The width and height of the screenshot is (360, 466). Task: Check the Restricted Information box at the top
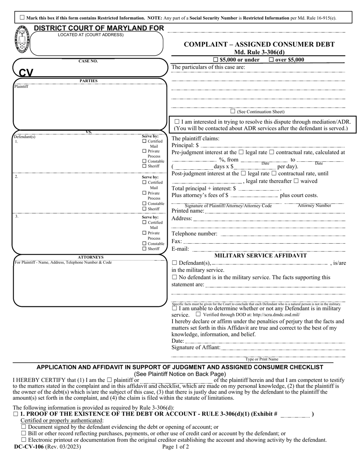click(x=22, y=17)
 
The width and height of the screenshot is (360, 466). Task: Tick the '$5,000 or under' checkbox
click(x=216, y=59)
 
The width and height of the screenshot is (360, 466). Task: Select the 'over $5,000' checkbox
click(x=271, y=59)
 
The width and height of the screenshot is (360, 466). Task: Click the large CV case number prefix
click(x=26, y=72)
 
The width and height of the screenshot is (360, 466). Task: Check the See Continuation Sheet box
click(x=233, y=111)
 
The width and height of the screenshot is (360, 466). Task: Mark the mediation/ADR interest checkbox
click(x=177, y=122)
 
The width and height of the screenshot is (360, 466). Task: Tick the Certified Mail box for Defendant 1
click(x=144, y=141)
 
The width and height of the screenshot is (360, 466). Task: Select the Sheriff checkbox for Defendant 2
click(x=144, y=209)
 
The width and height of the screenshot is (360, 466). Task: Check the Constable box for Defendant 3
click(x=144, y=244)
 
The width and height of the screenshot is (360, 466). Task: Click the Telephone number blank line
click(x=282, y=234)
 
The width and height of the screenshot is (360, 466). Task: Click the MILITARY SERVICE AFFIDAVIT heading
click(x=261, y=256)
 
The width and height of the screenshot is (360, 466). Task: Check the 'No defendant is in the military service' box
click(x=174, y=277)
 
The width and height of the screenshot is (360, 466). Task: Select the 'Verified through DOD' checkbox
click(x=198, y=314)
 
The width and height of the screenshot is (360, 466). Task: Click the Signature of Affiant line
click(x=283, y=348)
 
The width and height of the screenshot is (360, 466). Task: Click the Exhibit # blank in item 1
click(x=295, y=414)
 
